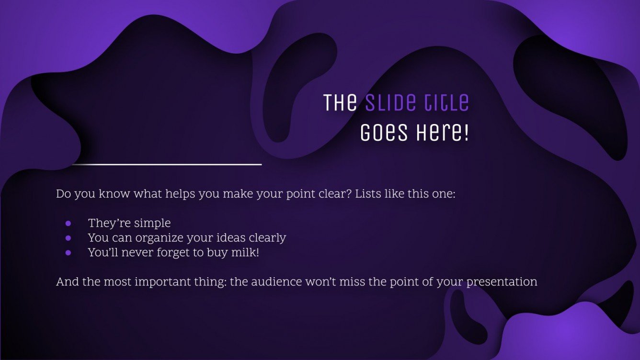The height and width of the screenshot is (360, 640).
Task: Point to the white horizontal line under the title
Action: coord(166,164)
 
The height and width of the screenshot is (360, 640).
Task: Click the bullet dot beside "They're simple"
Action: coord(68,224)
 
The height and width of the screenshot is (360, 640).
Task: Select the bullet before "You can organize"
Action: coord(68,238)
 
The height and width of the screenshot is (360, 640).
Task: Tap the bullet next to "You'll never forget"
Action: coord(68,252)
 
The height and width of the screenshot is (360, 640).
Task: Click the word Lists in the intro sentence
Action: coord(368,194)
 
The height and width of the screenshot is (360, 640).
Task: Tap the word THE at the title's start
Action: coord(340,103)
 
